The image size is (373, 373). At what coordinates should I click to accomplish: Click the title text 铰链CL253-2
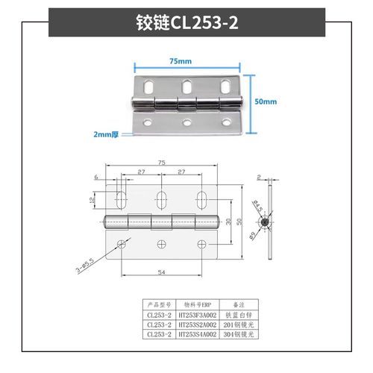click(x=186, y=22)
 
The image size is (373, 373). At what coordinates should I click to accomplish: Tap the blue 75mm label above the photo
click(x=180, y=60)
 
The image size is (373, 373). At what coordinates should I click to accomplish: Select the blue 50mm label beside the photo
click(x=266, y=101)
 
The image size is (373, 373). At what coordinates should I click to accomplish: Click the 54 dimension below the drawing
click(x=161, y=272)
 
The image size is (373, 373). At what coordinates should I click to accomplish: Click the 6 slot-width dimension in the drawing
click(x=96, y=177)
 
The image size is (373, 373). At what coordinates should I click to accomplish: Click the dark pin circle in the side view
click(x=266, y=222)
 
